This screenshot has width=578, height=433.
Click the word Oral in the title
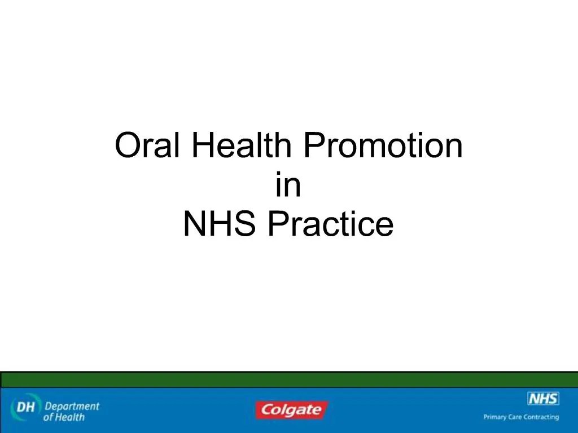point(148,145)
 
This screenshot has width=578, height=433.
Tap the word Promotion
point(383,145)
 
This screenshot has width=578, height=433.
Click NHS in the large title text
point(221,224)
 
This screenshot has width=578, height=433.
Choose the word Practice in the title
point(330,224)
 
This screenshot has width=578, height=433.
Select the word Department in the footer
point(72,406)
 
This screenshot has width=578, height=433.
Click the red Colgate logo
point(290,410)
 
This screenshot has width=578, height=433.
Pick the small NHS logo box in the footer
point(543,399)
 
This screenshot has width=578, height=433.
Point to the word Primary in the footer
point(495,417)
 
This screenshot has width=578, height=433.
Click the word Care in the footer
point(516,417)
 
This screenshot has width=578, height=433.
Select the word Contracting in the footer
point(542,417)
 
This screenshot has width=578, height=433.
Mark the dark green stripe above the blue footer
point(289,379)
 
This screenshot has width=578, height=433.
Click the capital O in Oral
point(125,145)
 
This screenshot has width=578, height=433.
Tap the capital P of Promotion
point(312,145)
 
